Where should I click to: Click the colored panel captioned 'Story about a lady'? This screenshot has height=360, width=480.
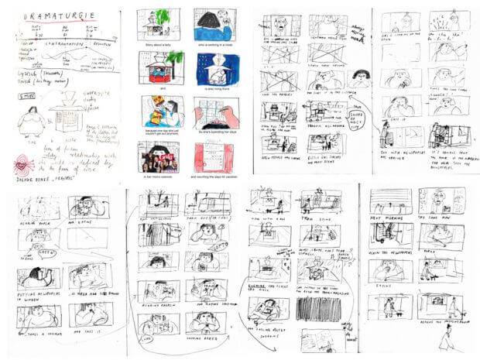coord(158,26)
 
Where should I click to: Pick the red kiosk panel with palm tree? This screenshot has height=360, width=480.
coord(158,68)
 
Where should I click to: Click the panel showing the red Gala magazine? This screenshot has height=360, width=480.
coord(158,156)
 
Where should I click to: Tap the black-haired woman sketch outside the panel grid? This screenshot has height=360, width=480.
coord(358,77)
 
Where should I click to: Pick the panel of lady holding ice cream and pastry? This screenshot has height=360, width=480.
coord(158,113)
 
